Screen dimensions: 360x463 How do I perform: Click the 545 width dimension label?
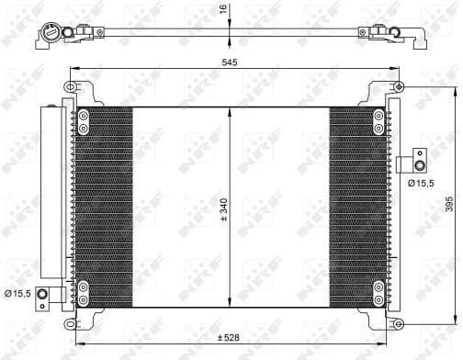[x=230, y=63]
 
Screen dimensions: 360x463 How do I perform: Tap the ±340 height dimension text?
[x=223, y=210]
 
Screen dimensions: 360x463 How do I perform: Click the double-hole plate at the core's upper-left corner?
[x=84, y=122]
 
